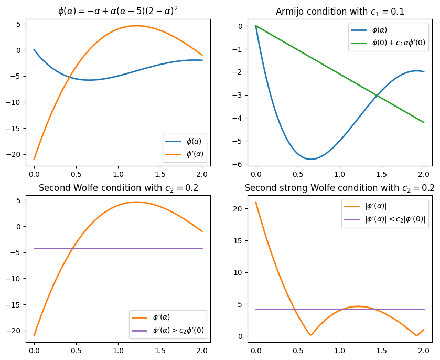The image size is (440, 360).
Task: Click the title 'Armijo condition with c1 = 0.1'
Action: coord(340,12)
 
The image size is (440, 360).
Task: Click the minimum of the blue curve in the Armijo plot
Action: coord(311,159)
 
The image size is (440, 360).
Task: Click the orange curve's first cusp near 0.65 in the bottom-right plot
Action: coord(311,335)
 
